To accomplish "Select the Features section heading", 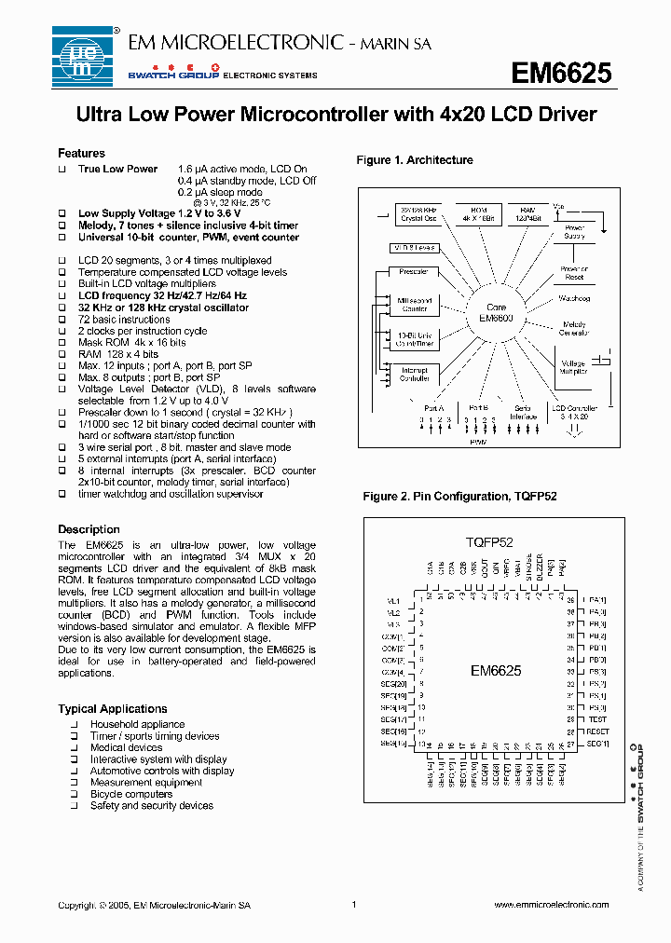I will [x=81, y=153].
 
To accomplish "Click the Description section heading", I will [x=89, y=529].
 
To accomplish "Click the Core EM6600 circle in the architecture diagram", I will [x=497, y=312].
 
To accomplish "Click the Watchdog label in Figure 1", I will [x=574, y=299].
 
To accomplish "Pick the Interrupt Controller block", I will [x=415, y=374].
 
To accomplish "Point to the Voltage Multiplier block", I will [x=573, y=366].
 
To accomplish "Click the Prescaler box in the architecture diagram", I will [x=414, y=272].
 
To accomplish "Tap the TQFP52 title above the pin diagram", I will [x=489, y=541].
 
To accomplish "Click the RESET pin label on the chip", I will [x=597, y=731].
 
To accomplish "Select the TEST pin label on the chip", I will [x=597, y=719].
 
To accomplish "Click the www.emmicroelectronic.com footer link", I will [x=550, y=905].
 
